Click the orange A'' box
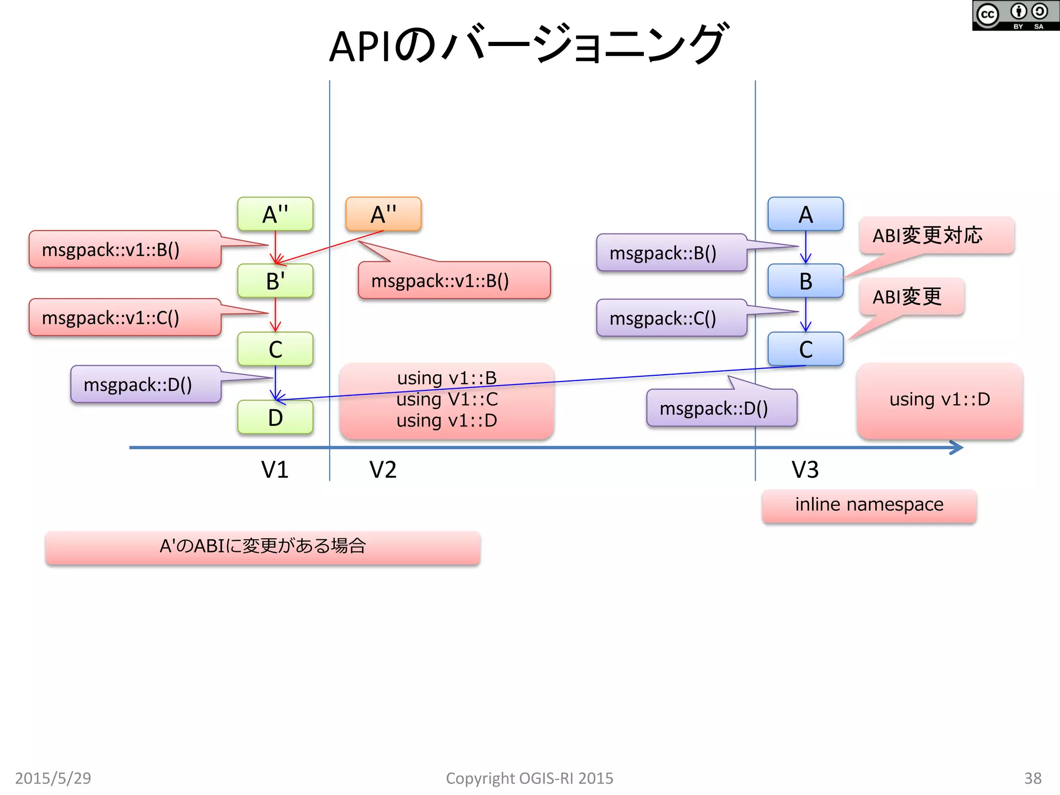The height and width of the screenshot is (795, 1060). [x=383, y=214]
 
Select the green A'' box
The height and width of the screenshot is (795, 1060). [x=275, y=214]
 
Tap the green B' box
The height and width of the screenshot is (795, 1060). [x=275, y=281]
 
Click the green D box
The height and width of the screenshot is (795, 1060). [x=275, y=417]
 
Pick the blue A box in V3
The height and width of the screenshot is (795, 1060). [x=805, y=214]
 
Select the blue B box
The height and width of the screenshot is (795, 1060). [x=805, y=281]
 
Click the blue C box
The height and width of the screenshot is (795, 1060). [x=805, y=349]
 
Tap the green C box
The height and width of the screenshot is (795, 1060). [x=275, y=349]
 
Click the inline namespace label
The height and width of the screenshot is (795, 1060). [x=869, y=505]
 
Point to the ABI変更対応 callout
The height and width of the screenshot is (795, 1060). [x=936, y=235]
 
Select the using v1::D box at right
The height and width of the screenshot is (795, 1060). [x=939, y=400]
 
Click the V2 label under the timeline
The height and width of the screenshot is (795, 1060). [x=382, y=469]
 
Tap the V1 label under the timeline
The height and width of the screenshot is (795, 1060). [x=274, y=469]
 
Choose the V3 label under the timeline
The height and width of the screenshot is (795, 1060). [x=805, y=469]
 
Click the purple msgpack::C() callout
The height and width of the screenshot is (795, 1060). [x=671, y=318]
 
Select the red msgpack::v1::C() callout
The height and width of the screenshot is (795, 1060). [x=125, y=317]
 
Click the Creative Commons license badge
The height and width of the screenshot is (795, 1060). [x=1015, y=16]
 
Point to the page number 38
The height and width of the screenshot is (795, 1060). [x=1033, y=778]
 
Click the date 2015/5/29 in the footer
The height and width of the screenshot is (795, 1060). [x=53, y=778]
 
